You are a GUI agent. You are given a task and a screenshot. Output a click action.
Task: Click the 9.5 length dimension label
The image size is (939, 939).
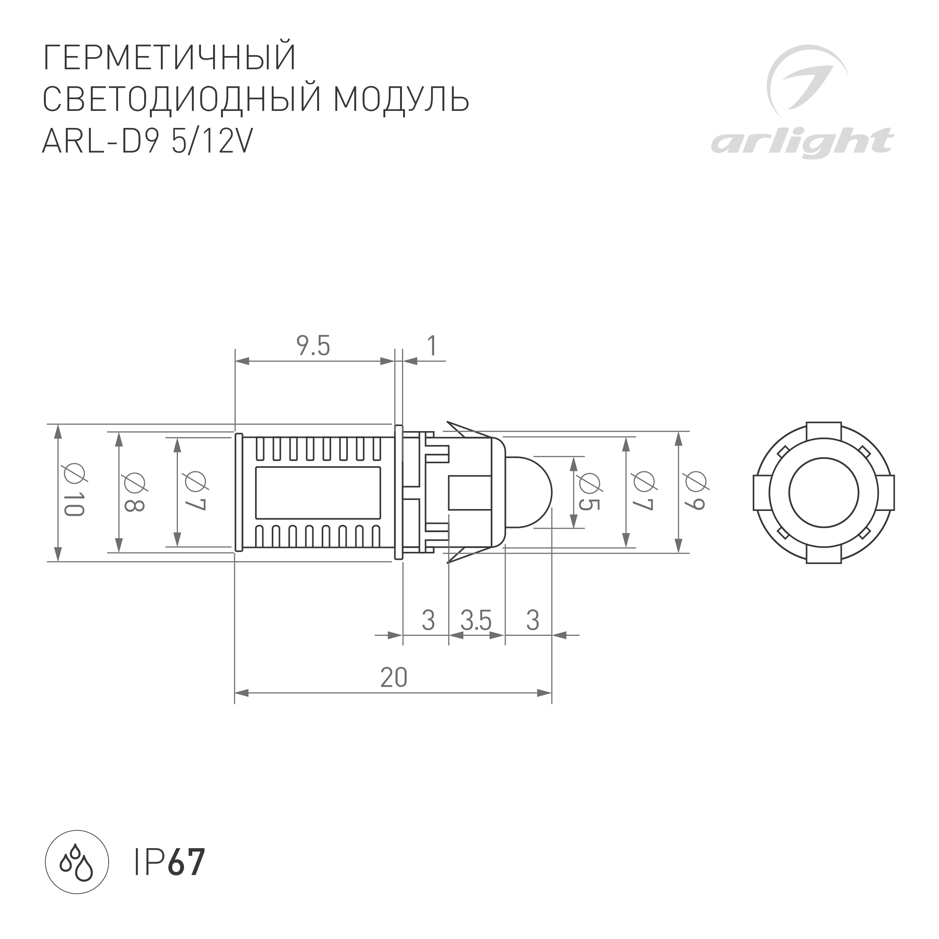point(313,347)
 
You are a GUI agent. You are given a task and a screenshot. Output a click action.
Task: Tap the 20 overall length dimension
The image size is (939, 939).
point(393,677)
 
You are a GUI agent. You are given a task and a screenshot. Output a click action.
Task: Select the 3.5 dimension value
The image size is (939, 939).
point(476,621)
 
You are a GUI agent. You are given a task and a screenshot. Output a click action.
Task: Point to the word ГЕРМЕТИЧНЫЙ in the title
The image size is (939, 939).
point(170,58)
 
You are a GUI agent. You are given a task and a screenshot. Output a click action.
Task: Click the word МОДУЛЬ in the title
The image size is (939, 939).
point(401,100)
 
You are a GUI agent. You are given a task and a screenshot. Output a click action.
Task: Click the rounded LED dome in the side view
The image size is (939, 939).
point(530,492)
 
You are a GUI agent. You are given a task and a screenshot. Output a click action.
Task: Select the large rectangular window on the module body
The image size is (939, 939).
point(318,492)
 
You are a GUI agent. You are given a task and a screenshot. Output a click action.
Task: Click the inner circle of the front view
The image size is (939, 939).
point(823,492)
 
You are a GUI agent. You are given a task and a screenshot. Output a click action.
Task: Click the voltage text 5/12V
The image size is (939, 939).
point(212,142)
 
